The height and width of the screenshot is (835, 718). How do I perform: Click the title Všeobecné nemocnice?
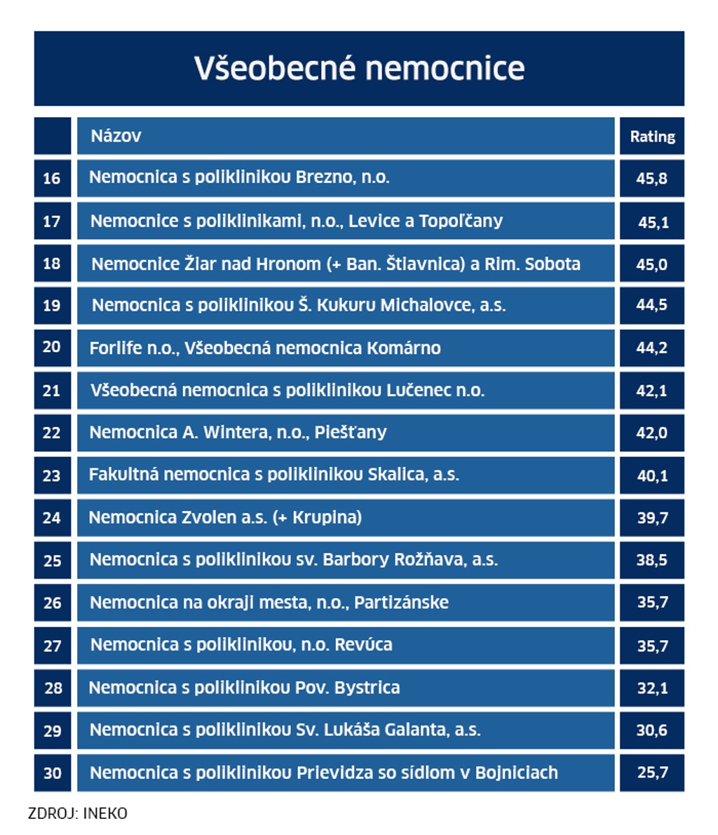tap(359, 69)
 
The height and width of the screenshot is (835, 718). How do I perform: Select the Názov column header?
tap(116, 136)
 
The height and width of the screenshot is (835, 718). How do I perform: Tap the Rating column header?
tap(652, 137)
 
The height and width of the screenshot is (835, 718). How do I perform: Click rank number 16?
tap(52, 178)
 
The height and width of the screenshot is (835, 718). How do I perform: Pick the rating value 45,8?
tap(652, 178)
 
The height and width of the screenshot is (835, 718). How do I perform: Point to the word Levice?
tap(374, 221)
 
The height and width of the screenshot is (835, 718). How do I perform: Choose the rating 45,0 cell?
tap(652, 264)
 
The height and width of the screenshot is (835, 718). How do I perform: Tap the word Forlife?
tap(116, 348)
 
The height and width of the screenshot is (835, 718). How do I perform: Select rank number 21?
tap(52, 391)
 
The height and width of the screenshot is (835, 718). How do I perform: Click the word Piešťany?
tap(350, 433)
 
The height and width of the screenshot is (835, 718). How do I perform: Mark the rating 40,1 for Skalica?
tap(652, 475)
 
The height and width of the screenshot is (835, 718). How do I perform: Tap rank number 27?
tap(52, 645)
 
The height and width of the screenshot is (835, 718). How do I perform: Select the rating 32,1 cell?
tap(652, 688)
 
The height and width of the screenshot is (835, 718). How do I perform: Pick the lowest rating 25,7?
tap(652, 773)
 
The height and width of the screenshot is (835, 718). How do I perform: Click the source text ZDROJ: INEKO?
tap(78, 814)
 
